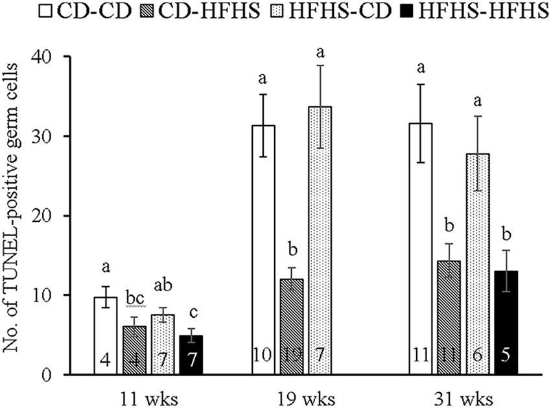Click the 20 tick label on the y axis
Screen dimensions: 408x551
(42, 216)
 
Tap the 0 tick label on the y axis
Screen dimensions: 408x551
(46, 375)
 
